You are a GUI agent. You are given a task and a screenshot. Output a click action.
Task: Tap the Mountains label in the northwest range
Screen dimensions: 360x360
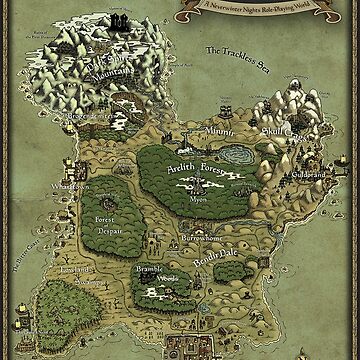(94, 74)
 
